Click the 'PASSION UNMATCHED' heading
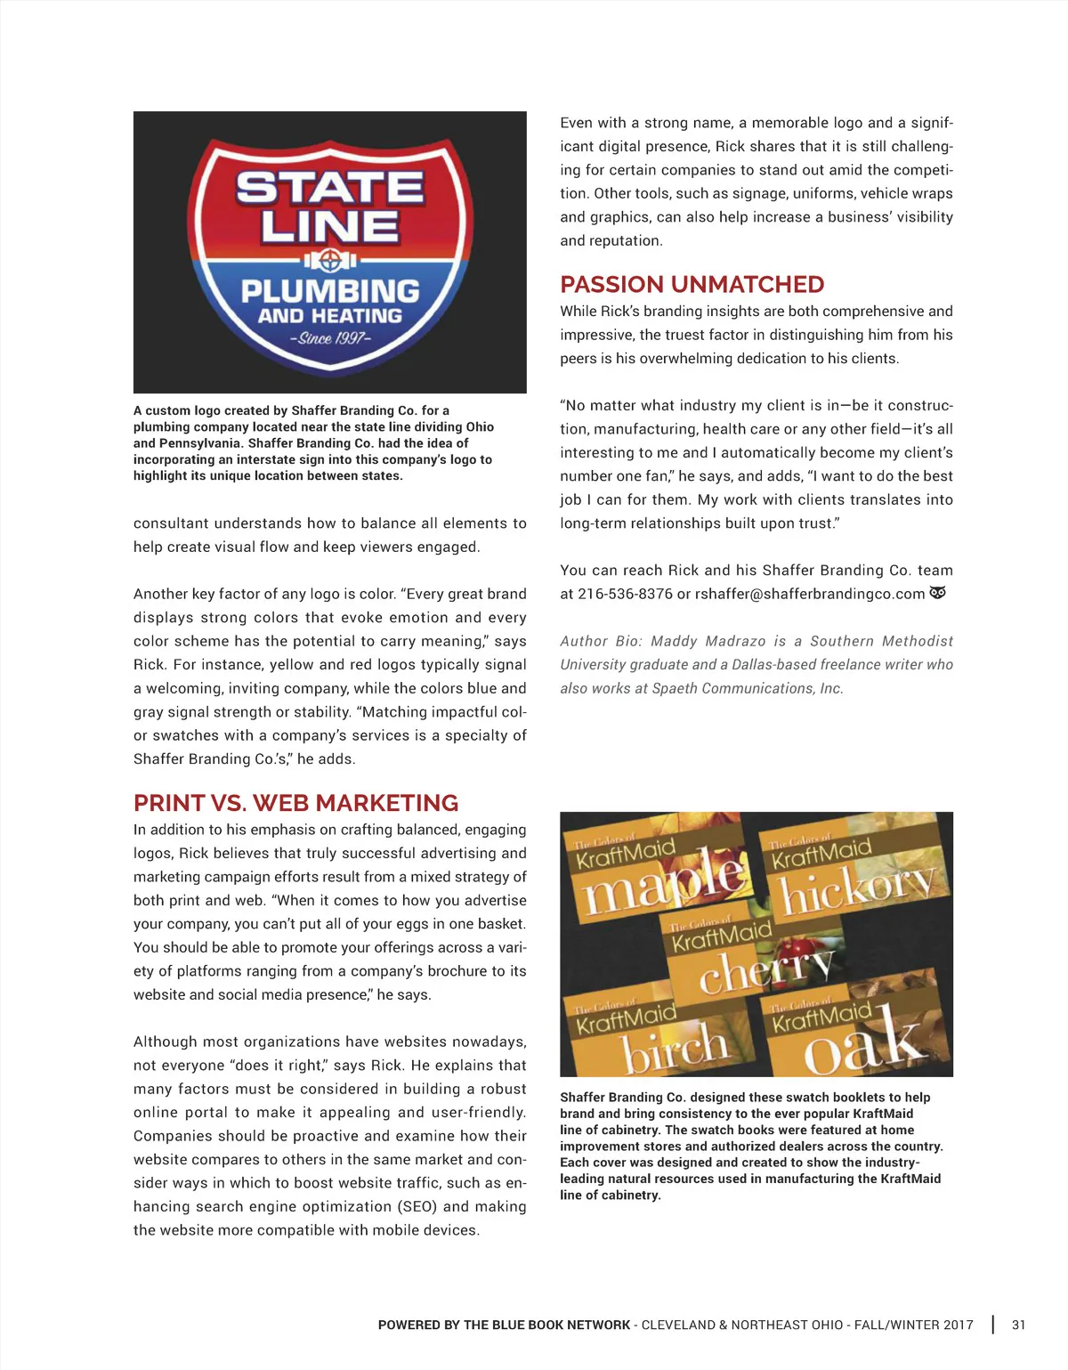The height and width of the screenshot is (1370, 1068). pyautogui.click(x=692, y=285)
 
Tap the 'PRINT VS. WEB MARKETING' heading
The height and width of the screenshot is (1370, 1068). pyautogui.click(x=295, y=803)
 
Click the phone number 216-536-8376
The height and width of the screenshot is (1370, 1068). pyautogui.click(x=625, y=594)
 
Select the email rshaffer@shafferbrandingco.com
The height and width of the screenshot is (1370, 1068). pyautogui.click(x=809, y=594)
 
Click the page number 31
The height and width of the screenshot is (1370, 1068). pyautogui.click(x=1018, y=1325)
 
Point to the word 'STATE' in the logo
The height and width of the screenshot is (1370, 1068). pyautogui.click(x=329, y=188)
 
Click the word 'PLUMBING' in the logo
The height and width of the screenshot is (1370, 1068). pyautogui.click(x=330, y=291)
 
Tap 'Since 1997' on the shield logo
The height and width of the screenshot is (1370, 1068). pyautogui.click(x=330, y=338)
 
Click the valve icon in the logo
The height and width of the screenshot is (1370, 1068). pyautogui.click(x=330, y=261)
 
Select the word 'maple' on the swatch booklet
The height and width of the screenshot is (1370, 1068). pyautogui.click(x=662, y=881)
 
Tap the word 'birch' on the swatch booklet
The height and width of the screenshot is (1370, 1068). pyautogui.click(x=676, y=1049)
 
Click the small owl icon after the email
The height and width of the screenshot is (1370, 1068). pyautogui.click(x=937, y=593)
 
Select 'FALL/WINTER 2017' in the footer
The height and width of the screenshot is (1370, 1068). pyautogui.click(x=913, y=1325)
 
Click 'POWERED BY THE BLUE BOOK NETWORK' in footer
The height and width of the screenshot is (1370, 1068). pyautogui.click(x=504, y=1325)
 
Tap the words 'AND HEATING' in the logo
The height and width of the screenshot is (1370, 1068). pyautogui.click(x=330, y=316)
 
